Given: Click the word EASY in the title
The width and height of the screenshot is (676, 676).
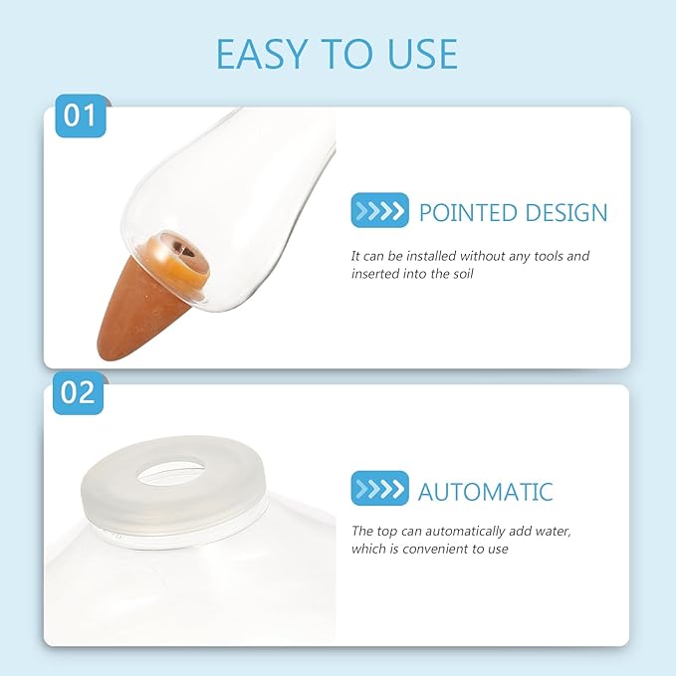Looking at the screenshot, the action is click(x=261, y=54).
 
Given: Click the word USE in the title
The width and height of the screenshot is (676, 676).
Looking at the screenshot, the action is click(x=422, y=54).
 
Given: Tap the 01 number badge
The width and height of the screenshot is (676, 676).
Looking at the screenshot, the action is click(x=81, y=115).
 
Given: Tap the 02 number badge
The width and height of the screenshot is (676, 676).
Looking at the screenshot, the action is click(x=78, y=392).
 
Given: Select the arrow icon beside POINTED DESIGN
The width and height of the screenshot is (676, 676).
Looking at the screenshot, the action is click(x=380, y=210).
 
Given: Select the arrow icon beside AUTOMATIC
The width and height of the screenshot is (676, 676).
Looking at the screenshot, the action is click(x=380, y=488).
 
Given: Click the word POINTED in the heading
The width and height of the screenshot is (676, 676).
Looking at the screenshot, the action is click(x=468, y=212).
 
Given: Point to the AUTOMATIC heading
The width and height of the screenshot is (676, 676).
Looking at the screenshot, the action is click(x=486, y=492).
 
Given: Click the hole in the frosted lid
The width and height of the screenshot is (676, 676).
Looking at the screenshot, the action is click(x=171, y=472).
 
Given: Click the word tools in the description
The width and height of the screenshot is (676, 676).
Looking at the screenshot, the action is click(x=549, y=256).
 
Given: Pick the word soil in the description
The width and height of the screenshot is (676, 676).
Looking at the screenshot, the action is click(x=463, y=274).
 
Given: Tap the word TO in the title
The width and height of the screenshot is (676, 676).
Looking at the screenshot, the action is click(x=347, y=54).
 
